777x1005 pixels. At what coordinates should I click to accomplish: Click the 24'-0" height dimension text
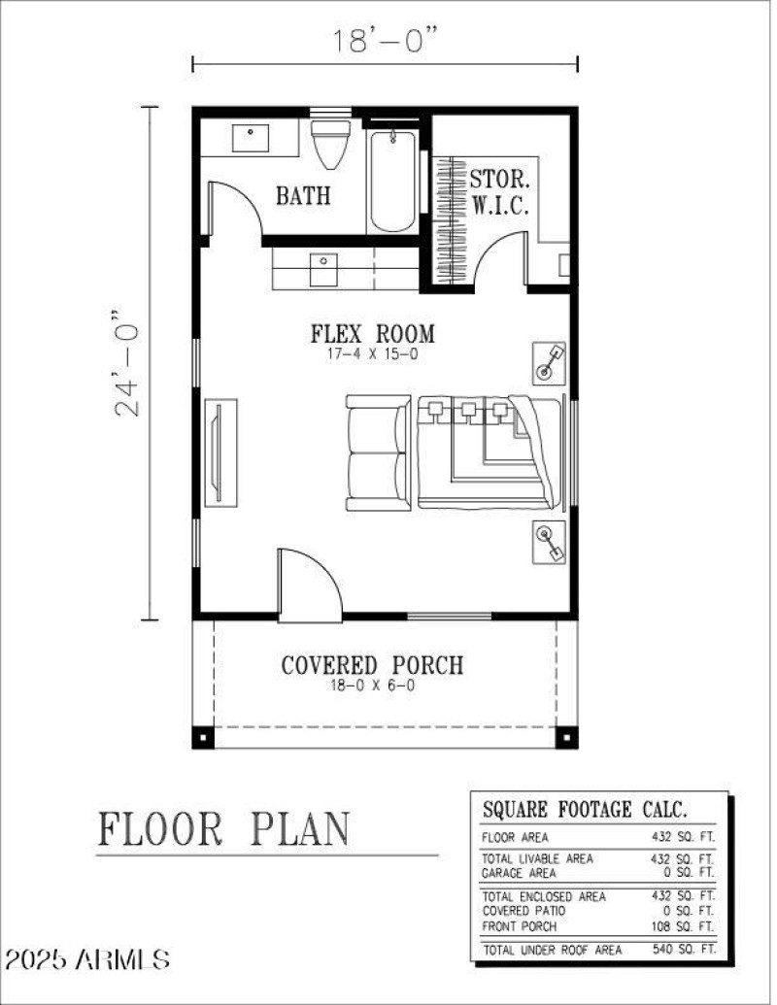point(128,363)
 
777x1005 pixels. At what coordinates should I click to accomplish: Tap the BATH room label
point(303,195)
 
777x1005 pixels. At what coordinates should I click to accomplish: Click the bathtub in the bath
point(393,181)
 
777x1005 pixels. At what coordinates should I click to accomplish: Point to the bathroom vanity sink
point(251,137)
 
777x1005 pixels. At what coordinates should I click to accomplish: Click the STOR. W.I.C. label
point(499,192)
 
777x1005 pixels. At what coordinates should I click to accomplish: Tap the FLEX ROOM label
point(372,334)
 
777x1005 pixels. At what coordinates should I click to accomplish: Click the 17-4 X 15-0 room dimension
point(372,355)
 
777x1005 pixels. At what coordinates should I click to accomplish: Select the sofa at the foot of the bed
point(378,453)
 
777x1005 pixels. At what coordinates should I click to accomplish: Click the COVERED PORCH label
point(372,665)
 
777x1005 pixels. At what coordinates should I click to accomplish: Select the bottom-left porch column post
point(202,736)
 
